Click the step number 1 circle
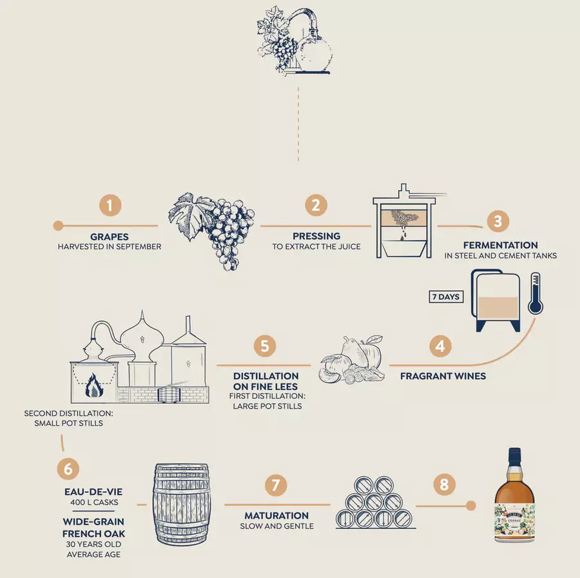pos(110,206)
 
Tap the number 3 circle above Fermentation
pos(498,221)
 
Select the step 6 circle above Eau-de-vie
pos(68,468)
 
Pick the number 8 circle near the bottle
pos(444,484)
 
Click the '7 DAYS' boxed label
pos(446,296)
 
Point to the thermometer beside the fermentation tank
pos(536,294)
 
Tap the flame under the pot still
pos(94,385)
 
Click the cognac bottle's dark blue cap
pos(515,455)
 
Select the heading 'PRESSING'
pos(316,236)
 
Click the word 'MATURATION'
pos(276,515)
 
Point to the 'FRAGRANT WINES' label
pos(443,376)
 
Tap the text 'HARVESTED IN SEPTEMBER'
pos(110,247)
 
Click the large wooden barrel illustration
pos(181,505)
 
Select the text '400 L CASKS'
pos(94,502)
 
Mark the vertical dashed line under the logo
pos(298,124)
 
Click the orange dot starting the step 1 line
pos(58,226)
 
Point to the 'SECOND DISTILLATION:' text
pos(68,414)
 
